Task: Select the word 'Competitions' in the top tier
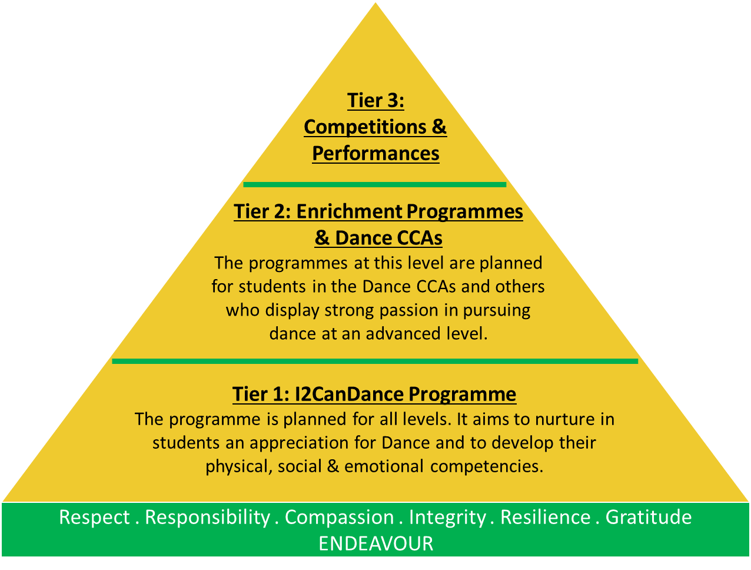[365, 128]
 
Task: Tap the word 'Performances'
[375, 154]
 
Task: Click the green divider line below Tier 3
[375, 185]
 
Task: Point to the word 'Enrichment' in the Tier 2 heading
[350, 211]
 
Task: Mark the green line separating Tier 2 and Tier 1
[375, 362]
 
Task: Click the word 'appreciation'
[299, 443]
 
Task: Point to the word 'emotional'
[384, 466]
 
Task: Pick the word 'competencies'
[487, 467]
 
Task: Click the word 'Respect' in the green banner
[94, 518]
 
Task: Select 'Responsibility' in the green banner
[207, 518]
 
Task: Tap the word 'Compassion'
[340, 518]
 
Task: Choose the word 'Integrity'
[447, 518]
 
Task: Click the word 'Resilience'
[546, 517]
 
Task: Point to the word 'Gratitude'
[649, 517]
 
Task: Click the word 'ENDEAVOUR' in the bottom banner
[375, 544]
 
